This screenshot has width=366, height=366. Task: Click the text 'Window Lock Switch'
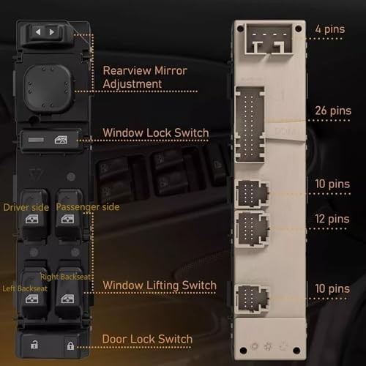click(x=155, y=133)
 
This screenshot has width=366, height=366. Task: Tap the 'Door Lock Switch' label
click(x=147, y=338)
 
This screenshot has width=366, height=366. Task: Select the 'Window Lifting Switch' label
click(x=160, y=285)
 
